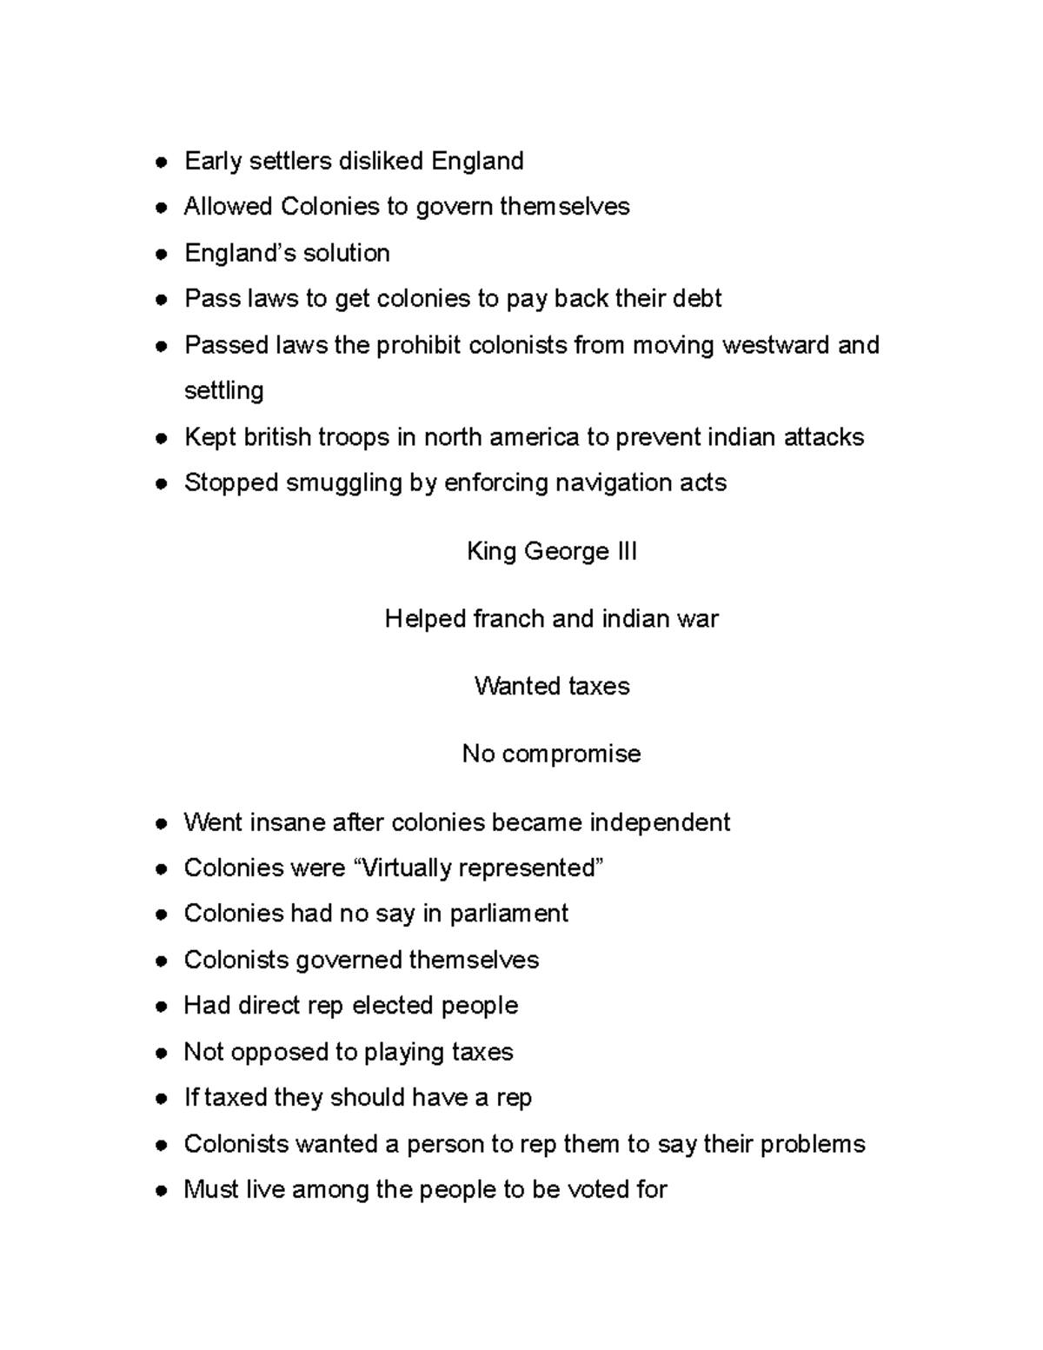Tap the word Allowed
(x=227, y=207)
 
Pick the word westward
(x=775, y=345)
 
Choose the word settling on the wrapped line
(x=223, y=390)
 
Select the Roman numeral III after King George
(x=626, y=551)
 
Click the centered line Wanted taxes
(x=552, y=687)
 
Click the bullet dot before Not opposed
(x=161, y=1053)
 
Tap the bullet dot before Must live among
(x=161, y=1190)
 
